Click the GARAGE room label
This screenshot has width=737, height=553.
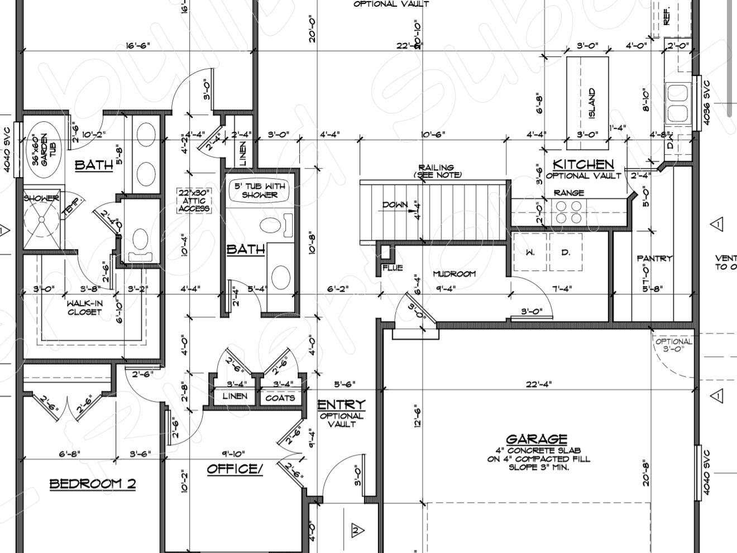(x=537, y=439)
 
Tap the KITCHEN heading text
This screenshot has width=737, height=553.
(x=583, y=164)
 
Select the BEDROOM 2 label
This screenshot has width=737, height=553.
(x=93, y=484)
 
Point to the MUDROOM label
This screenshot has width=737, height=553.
(x=454, y=274)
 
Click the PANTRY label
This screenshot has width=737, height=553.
(x=654, y=258)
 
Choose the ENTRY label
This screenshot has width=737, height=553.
(x=342, y=404)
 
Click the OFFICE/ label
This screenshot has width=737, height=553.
(x=234, y=469)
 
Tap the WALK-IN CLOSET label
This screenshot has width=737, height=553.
(x=84, y=308)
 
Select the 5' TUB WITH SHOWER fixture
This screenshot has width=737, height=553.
(x=260, y=190)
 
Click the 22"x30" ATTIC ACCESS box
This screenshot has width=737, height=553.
(x=194, y=201)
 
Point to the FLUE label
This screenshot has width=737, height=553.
(x=393, y=268)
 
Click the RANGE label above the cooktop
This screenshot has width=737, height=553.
(x=569, y=193)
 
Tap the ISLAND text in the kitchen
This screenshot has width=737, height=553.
(x=592, y=104)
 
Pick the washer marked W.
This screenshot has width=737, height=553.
(x=530, y=252)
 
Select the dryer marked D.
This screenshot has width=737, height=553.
(x=566, y=252)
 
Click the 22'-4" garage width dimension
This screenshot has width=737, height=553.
(x=539, y=384)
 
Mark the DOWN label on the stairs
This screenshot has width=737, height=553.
(x=395, y=205)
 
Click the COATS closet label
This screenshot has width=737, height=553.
(x=280, y=398)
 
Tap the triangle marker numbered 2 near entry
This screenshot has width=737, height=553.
(x=357, y=530)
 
